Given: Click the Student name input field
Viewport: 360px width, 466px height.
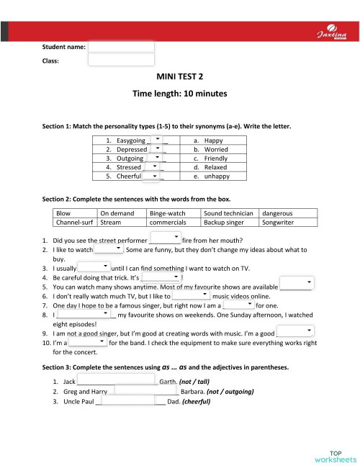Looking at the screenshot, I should click(x=121, y=47).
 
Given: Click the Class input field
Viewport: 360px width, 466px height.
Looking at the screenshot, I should click(x=121, y=61).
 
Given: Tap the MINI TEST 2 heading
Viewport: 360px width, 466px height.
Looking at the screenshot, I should click(x=179, y=76).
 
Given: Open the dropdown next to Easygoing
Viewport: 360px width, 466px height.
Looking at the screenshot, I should click(x=158, y=140).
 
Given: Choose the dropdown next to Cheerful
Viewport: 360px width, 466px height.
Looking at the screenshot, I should click(x=152, y=176).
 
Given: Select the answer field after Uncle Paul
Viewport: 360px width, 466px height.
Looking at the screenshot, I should click(x=127, y=401).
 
